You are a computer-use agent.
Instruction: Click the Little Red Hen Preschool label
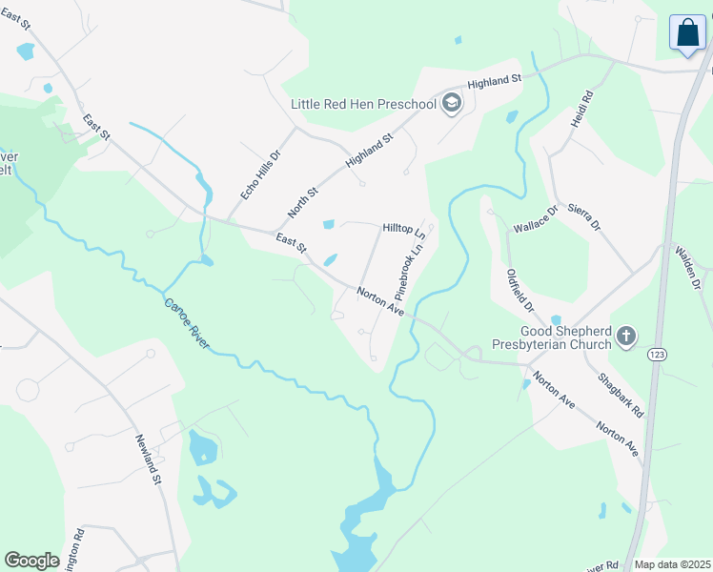coord(363,103)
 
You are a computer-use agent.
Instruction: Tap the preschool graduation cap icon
coord(452,103)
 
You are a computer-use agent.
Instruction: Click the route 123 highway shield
coord(656,354)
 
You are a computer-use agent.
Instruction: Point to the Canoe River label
coord(186,324)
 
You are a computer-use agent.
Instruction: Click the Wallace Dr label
coord(536,224)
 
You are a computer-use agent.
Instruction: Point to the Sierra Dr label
coord(584,216)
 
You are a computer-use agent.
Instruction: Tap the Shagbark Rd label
coord(621,394)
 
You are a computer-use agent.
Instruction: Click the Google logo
coord(31,560)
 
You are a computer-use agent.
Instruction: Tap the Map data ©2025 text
coord(672,564)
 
